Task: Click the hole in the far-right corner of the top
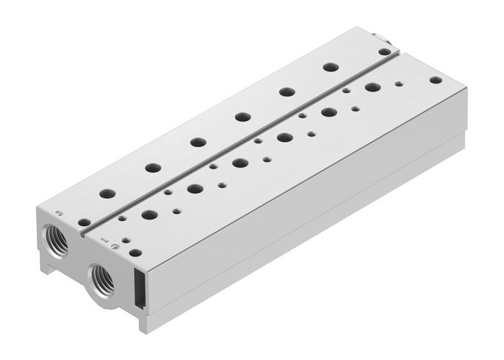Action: click(x=434, y=81)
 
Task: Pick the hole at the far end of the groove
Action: click(x=385, y=52)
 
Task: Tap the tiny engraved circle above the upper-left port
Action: click(x=60, y=214)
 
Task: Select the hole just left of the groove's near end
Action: click(x=84, y=222)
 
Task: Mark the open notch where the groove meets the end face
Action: click(x=85, y=234)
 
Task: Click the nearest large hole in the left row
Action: click(x=107, y=194)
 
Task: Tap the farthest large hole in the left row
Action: click(x=330, y=67)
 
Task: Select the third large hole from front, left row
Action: click(x=197, y=142)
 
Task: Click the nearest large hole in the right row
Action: click(x=149, y=215)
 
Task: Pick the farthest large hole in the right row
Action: click(x=372, y=87)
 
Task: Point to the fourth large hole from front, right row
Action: click(x=284, y=137)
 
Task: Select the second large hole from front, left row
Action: click(x=152, y=168)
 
